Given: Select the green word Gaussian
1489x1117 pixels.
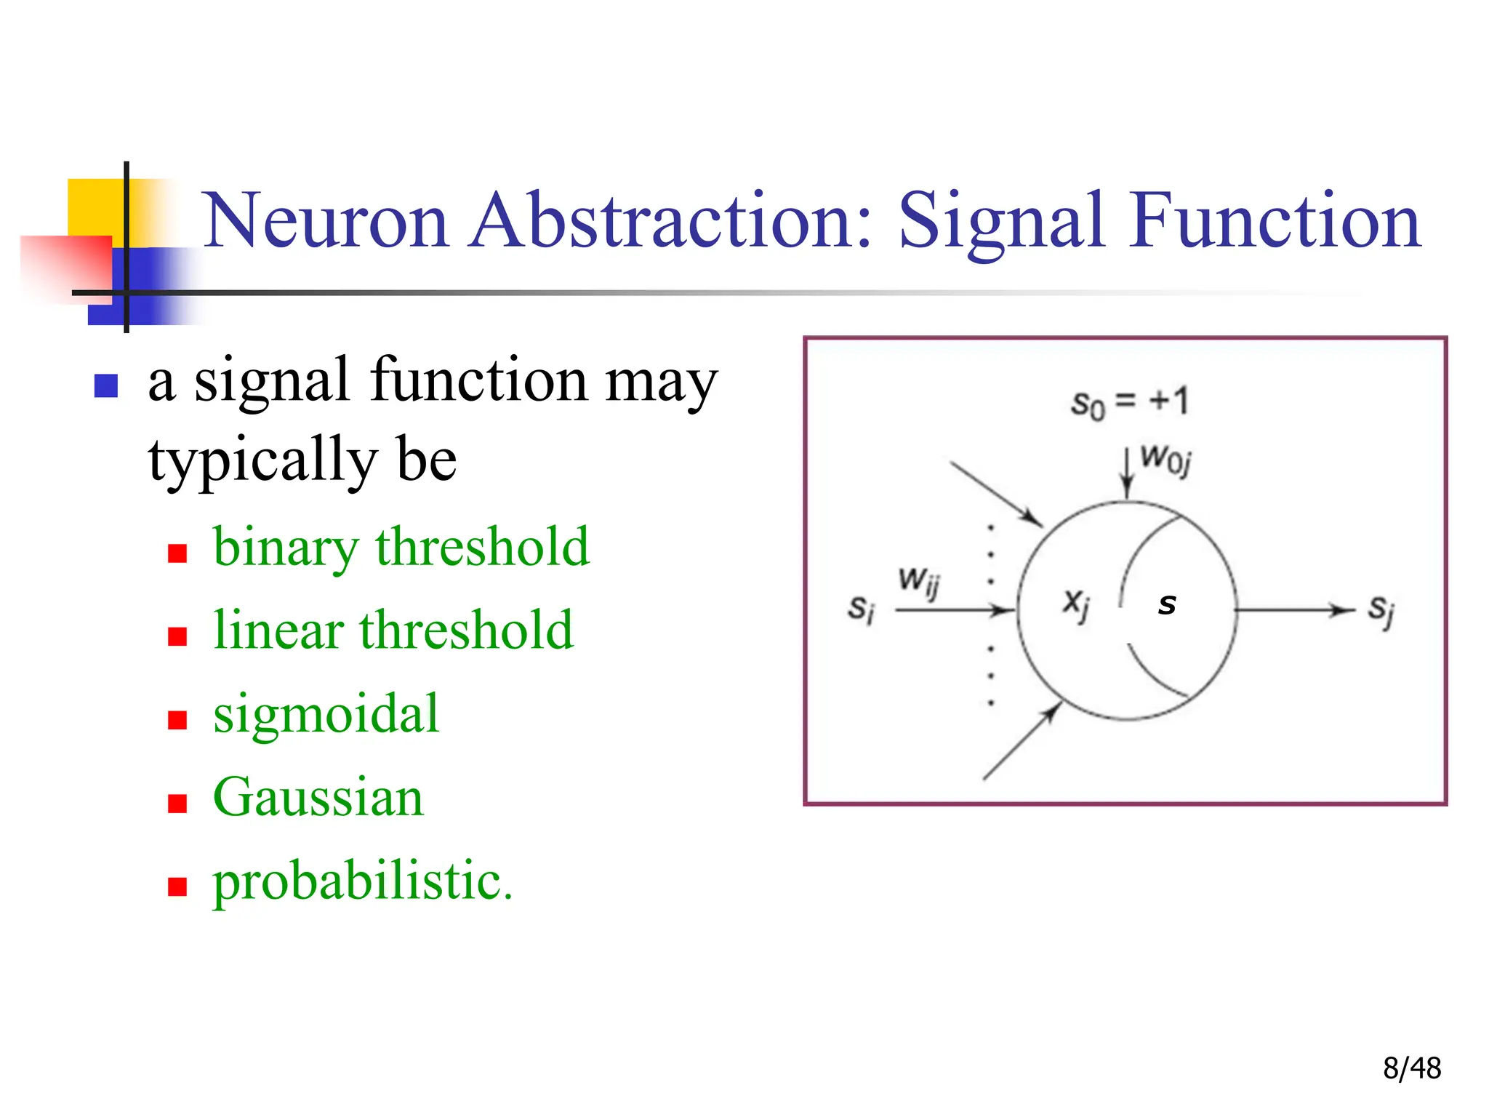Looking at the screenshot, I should tap(318, 797).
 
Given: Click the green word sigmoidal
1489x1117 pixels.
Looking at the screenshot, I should tap(326, 714).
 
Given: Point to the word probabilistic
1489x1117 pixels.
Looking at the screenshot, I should tap(362, 881).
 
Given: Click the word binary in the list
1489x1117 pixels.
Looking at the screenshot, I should tap(285, 548).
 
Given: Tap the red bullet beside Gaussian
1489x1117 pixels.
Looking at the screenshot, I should tap(177, 803).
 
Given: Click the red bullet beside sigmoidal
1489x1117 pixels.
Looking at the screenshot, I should tap(177, 720).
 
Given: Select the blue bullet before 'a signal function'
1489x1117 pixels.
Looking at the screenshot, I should tap(106, 385).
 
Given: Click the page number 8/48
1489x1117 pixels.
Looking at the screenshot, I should tap(1411, 1068).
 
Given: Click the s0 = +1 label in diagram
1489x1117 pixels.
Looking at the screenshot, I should tap(1129, 402).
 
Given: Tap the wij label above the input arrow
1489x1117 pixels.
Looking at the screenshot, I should tap(919, 582).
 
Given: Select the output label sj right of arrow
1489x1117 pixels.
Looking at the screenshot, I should tap(1380, 611).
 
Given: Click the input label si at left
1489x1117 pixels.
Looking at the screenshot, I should tap(861, 609).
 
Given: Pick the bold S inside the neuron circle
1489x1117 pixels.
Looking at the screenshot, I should tap(1167, 604).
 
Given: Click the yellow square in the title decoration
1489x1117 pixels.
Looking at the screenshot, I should tap(95, 207).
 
